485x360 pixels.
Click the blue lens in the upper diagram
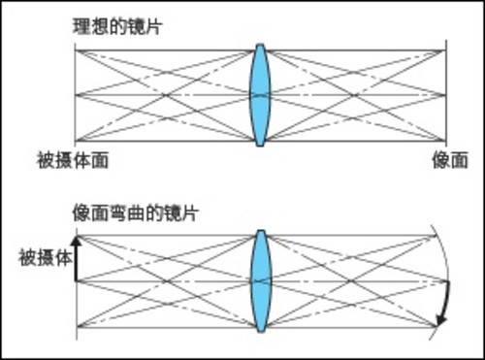coord(259,94)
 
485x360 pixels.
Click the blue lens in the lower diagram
coord(259,282)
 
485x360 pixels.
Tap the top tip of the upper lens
coord(259,45)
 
